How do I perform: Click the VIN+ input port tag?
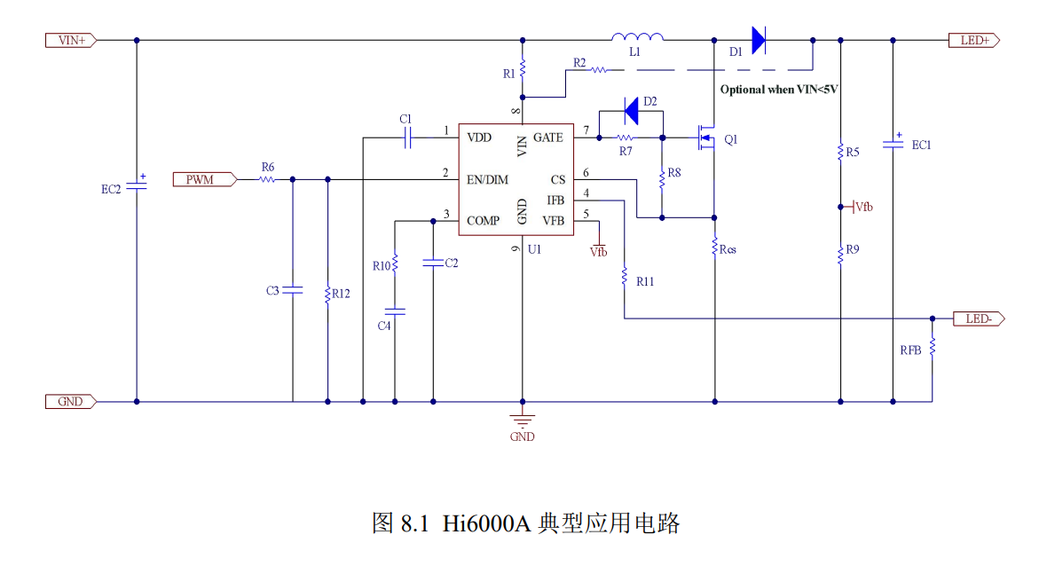[71, 41]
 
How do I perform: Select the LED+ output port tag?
[974, 41]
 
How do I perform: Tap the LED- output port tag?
[979, 318]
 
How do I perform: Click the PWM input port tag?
[205, 179]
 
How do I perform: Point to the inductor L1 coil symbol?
[637, 37]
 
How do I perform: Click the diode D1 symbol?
[759, 41]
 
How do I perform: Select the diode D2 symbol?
[632, 112]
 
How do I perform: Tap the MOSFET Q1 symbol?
[706, 138]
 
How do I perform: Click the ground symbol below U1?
[522, 420]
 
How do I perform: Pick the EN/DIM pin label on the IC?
[487, 179]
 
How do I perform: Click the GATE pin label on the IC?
[548, 138]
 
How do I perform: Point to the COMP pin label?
[483, 221]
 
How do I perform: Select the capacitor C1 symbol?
[408, 138]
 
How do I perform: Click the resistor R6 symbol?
[267, 179]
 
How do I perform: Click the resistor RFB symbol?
[933, 347]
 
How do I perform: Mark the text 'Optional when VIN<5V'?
[779, 90]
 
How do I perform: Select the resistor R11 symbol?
[624, 277]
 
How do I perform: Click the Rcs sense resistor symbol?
[714, 248]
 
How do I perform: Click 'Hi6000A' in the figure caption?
[486, 523]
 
